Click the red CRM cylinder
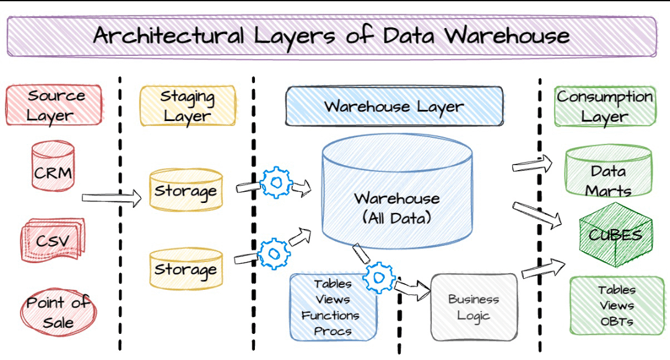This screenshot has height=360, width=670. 53,166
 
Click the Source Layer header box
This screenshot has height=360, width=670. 54,106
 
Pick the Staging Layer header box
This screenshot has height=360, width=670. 187,106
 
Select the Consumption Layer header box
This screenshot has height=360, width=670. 604,106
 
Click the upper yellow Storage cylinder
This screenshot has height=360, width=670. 185,190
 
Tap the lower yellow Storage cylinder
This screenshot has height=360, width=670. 185,269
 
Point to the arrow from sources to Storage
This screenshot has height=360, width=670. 111,198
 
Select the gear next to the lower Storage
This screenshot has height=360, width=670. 274,253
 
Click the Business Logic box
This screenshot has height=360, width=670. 473,307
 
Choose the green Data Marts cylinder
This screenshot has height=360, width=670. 608,171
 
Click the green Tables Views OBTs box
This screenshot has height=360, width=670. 616,305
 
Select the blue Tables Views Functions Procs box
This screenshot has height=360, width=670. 333,307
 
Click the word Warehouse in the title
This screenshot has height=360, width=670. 507,35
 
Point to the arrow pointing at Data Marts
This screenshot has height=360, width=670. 532,164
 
